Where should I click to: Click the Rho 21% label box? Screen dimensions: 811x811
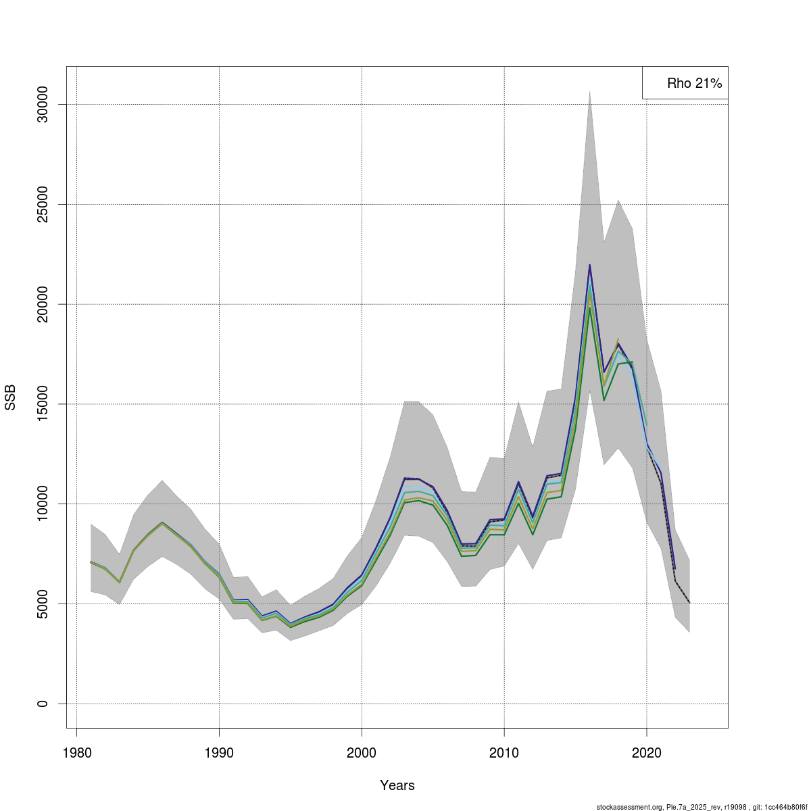(685, 83)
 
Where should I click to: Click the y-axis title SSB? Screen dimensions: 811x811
(10, 397)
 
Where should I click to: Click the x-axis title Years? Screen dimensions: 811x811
(397, 785)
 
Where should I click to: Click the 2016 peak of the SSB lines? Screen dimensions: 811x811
(589, 266)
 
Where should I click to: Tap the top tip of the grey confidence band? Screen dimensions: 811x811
(589, 91)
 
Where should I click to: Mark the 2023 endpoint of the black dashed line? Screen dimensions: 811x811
(689, 603)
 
